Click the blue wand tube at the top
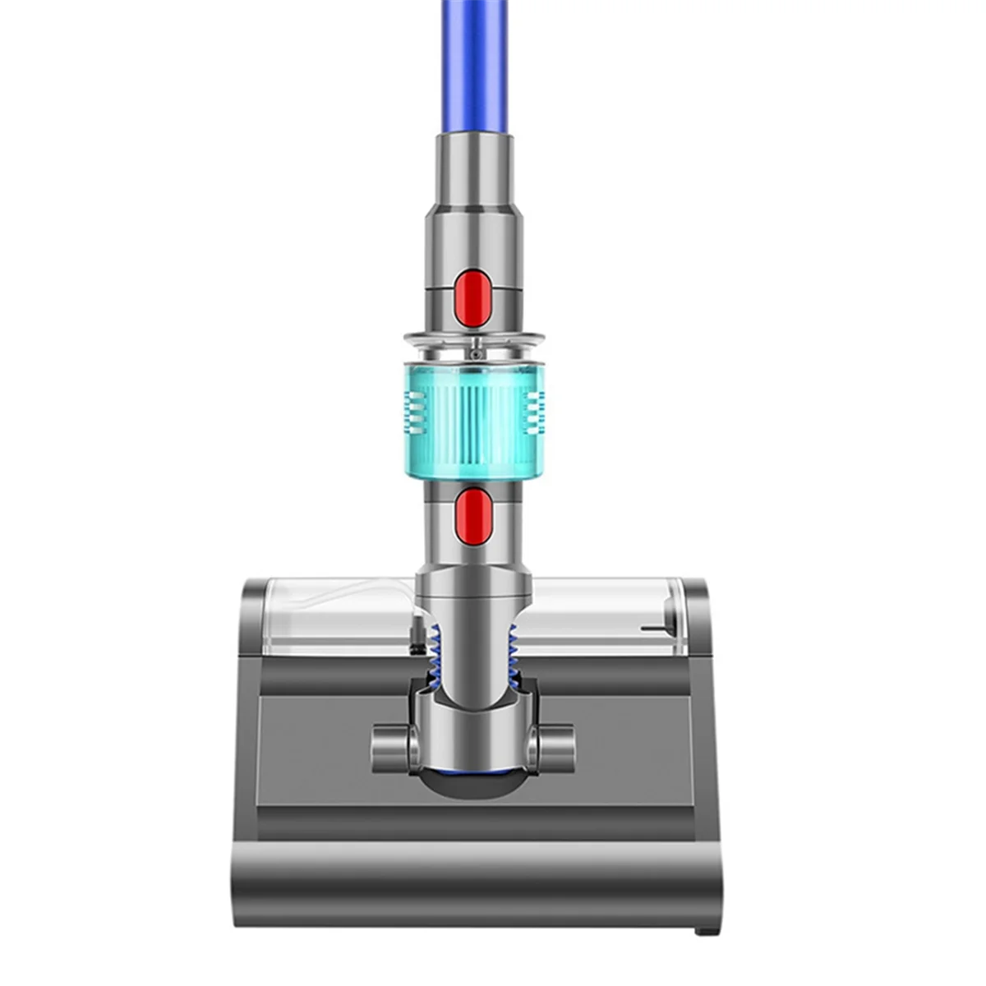(x=474, y=66)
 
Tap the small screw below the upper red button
(x=474, y=353)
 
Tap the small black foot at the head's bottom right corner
(x=704, y=930)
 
